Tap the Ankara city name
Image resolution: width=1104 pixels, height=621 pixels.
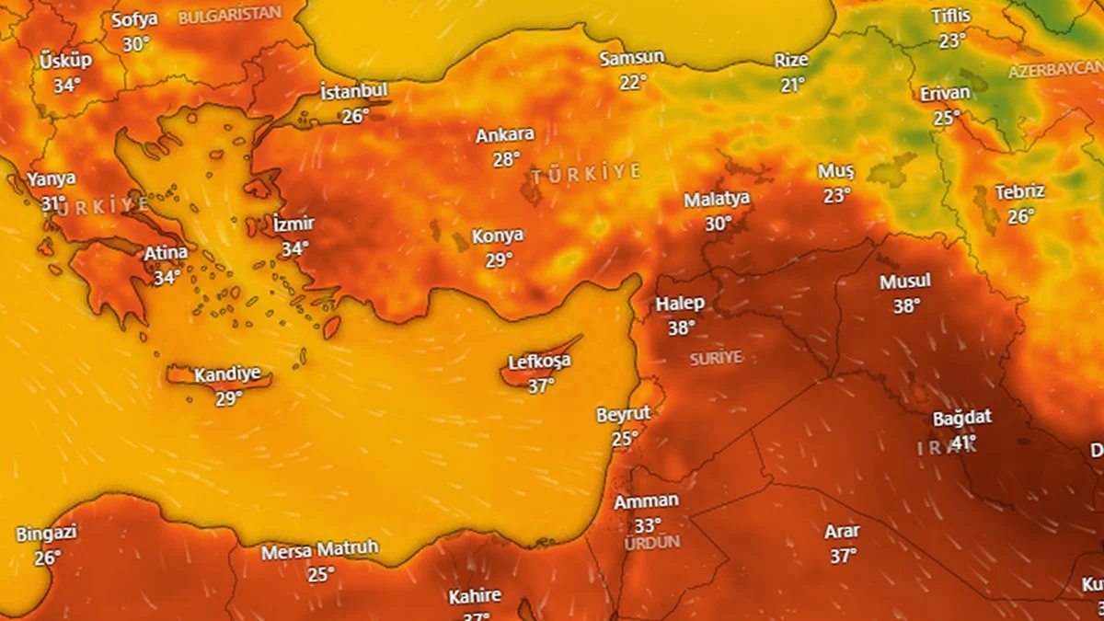click(x=505, y=135)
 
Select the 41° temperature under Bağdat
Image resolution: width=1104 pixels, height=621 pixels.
click(x=963, y=443)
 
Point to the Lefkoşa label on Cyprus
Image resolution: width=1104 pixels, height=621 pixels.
click(x=539, y=362)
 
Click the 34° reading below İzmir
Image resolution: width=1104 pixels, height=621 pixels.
click(x=295, y=248)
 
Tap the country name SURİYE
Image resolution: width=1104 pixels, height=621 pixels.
click(x=716, y=358)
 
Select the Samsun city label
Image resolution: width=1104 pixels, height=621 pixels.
click(x=631, y=58)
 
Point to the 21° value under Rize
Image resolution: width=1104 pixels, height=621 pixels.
click(x=792, y=85)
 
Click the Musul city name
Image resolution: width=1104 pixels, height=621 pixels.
click(x=905, y=282)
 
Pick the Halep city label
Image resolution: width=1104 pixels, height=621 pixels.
click(x=680, y=304)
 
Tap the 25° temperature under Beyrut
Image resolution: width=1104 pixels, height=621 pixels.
click(x=625, y=439)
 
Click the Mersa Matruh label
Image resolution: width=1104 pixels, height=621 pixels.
click(x=320, y=551)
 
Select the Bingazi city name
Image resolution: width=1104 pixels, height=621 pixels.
click(x=47, y=534)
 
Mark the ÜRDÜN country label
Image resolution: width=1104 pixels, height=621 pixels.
click(x=651, y=543)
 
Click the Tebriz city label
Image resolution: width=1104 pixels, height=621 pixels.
click(x=1019, y=192)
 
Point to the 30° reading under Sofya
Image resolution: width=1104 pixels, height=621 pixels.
click(x=136, y=43)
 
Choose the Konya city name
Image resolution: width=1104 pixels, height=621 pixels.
click(x=498, y=236)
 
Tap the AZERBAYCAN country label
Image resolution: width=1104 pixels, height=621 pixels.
click(x=1055, y=71)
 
